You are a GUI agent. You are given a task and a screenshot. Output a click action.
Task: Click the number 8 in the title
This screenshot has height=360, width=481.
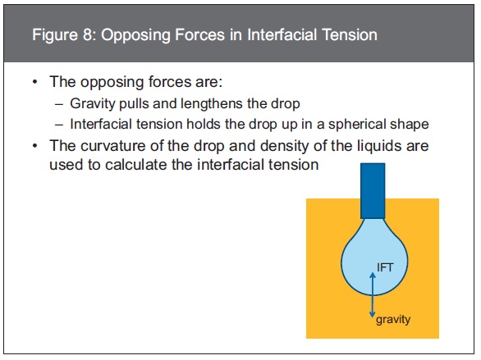click(x=87, y=34)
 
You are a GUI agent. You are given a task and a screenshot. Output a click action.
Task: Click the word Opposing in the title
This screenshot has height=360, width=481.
click(x=136, y=35)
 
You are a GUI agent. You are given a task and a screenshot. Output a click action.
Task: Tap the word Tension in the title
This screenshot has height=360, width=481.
click(x=346, y=34)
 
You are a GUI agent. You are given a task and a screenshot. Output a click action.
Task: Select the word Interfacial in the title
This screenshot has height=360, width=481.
click(x=278, y=34)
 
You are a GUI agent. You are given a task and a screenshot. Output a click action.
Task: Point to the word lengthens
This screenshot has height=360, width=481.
click(x=212, y=104)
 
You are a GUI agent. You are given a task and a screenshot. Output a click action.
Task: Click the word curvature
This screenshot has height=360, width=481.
click(x=113, y=146)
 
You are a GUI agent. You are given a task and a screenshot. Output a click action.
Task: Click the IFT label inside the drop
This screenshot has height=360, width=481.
click(x=385, y=267)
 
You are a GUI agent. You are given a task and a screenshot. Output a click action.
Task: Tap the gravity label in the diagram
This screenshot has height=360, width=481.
click(x=393, y=320)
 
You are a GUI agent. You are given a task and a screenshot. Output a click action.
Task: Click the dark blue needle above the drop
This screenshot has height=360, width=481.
click(x=373, y=190)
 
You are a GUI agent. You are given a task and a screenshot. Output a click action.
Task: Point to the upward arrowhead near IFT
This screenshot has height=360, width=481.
click(x=373, y=275)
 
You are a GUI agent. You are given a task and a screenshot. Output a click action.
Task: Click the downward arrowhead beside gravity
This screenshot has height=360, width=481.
click(x=373, y=314)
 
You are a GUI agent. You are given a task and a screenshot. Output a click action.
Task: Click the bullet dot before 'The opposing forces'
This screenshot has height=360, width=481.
click(x=35, y=82)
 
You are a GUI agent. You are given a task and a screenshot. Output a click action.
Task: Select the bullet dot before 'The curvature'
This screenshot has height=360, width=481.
click(x=35, y=146)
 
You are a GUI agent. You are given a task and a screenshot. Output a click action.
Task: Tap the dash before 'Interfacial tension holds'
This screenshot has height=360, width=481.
click(x=59, y=125)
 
